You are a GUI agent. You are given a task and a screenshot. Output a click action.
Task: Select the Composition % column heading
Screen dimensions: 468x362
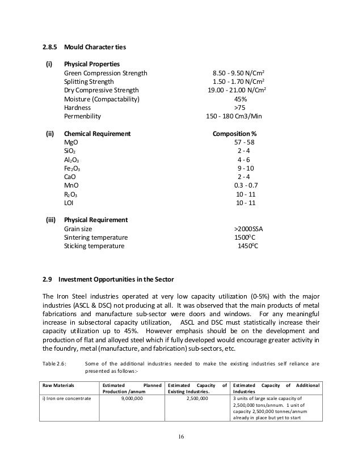234,134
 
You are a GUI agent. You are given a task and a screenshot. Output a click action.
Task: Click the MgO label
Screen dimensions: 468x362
70,143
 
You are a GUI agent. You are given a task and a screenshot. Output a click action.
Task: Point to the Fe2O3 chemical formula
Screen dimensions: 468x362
72,168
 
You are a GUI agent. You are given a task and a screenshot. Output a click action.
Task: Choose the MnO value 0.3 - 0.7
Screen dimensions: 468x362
246,185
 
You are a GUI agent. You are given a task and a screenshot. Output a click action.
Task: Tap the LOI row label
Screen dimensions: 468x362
69,202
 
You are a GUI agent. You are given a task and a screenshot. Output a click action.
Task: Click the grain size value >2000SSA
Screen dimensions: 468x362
245,229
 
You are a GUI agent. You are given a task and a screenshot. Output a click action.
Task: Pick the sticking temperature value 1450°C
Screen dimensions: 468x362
247,246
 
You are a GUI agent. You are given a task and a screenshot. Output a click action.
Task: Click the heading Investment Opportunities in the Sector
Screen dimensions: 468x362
110,279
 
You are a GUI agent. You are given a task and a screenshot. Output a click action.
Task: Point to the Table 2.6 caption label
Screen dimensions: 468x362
57,364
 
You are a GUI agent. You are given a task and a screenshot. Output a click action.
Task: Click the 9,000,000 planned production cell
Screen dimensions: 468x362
129,399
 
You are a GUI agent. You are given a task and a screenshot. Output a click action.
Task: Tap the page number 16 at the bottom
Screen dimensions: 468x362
181,437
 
